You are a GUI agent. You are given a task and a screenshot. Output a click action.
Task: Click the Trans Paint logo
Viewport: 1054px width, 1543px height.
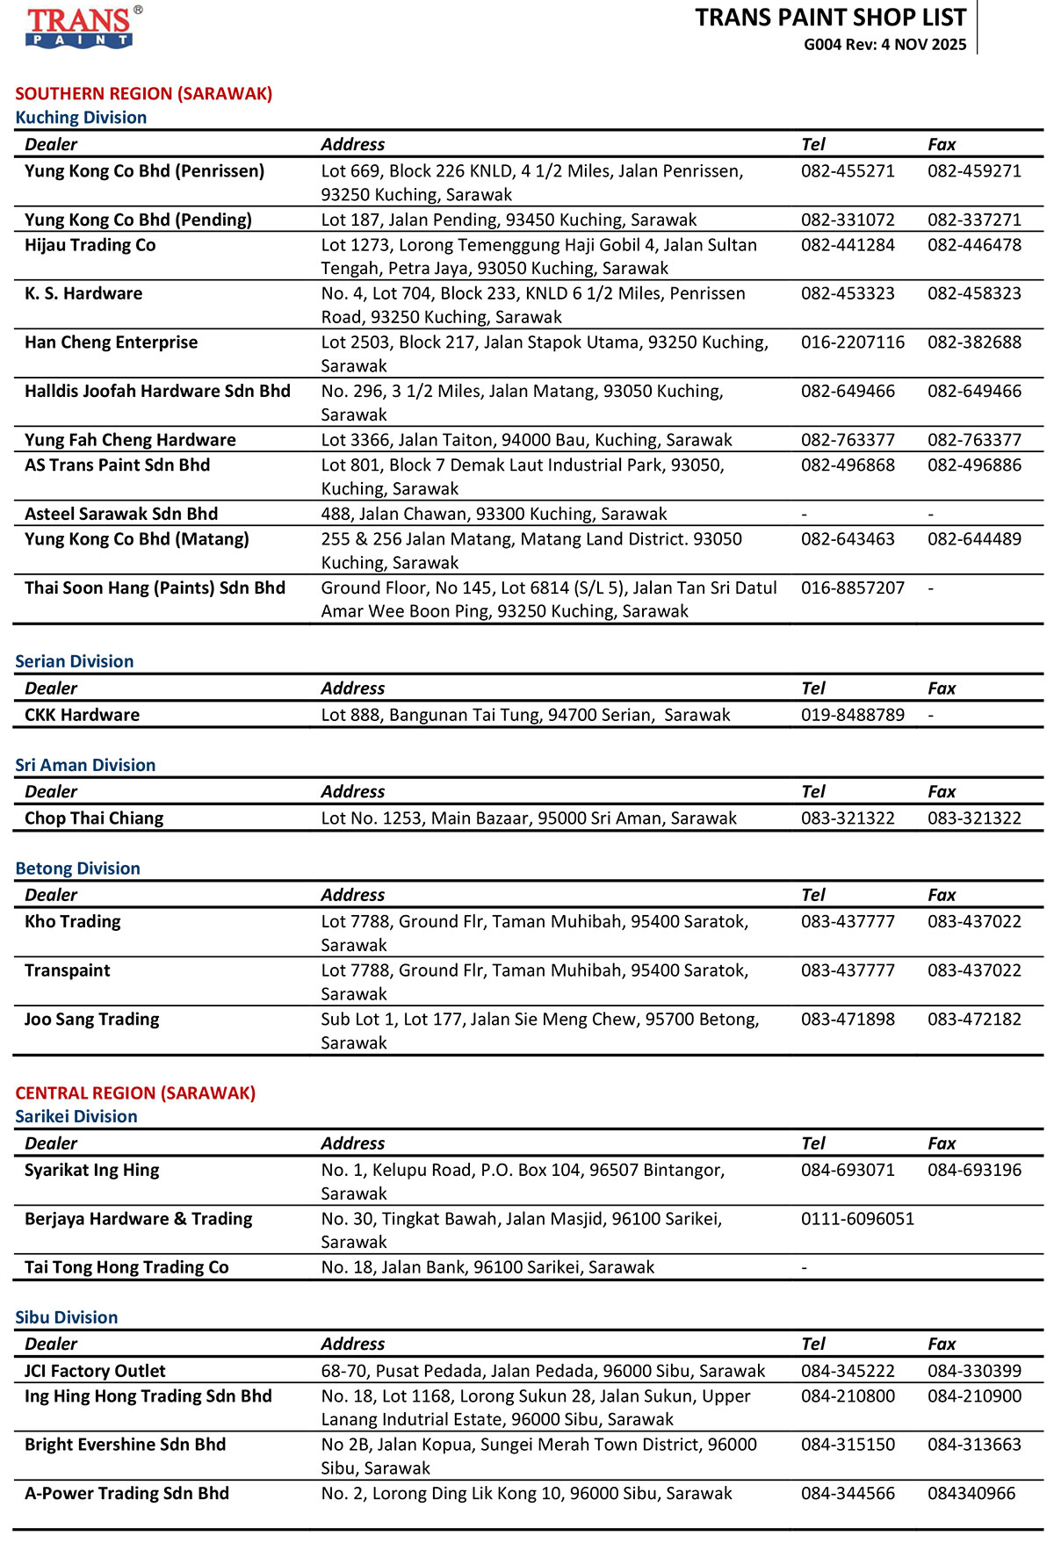pyautogui.click(x=80, y=27)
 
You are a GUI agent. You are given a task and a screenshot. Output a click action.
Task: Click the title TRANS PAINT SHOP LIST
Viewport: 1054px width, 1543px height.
pyautogui.click(x=830, y=18)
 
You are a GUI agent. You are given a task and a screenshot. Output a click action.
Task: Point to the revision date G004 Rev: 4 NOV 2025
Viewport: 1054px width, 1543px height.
pyautogui.click(x=884, y=45)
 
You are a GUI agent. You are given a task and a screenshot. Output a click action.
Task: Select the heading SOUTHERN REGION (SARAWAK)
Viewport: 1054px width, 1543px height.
pyautogui.click(x=144, y=94)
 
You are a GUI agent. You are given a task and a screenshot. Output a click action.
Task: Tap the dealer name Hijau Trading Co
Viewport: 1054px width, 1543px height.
pyautogui.click(x=90, y=245)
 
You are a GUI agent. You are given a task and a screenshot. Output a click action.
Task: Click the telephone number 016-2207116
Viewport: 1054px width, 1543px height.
pyautogui.click(x=852, y=342)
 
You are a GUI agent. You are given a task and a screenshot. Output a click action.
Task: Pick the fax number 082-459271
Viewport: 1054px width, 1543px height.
pyautogui.click(x=974, y=171)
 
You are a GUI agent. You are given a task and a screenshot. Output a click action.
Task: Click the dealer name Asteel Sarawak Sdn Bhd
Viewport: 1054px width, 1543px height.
pyautogui.click(x=121, y=514)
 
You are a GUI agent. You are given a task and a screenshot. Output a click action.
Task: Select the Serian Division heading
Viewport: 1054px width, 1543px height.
pyautogui.click(x=75, y=661)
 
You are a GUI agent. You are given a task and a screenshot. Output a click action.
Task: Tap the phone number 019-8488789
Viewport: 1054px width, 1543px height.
pyautogui.click(x=852, y=715)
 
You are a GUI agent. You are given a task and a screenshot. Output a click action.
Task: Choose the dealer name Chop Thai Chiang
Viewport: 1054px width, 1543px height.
pyautogui.click(x=94, y=818)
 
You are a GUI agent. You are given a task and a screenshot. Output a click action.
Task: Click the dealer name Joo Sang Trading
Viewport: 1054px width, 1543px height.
pyautogui.click(x=92, y=1020)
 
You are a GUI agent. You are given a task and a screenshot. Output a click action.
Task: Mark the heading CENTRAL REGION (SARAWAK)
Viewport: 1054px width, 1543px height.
pyautogui.click(x=135, y=1093)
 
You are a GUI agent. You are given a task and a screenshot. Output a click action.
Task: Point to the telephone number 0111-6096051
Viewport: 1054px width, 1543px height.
pyautogui.click(x=857, y=1219)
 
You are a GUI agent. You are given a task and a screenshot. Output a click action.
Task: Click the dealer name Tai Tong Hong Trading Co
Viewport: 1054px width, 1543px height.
pyautogui.click(x=126, y=1267)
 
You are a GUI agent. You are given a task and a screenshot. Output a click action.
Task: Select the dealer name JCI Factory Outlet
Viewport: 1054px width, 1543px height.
pyautogui.click(x=95, y=1371)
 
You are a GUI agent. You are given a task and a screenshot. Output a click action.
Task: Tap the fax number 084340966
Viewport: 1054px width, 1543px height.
pyautogui.click(x=971, y=1493)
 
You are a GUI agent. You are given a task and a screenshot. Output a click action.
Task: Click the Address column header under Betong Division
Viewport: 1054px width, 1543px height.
pyautogui.click(x=353, y=895)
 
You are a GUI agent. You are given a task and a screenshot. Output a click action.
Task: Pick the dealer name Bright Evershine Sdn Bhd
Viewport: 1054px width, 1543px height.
pyautogui.click(x=125, y=1445)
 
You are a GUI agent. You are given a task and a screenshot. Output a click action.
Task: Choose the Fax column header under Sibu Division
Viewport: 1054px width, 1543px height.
pyautogui.click(x=942, y=1344)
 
